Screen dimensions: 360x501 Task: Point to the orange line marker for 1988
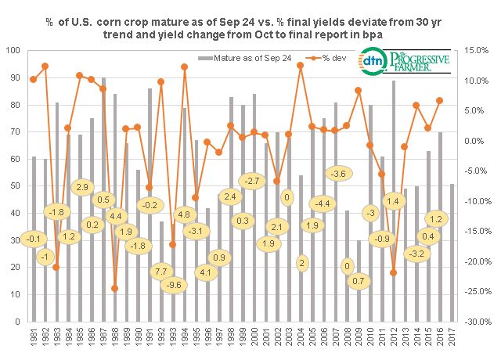115,288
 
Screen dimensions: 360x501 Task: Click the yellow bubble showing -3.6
338,173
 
